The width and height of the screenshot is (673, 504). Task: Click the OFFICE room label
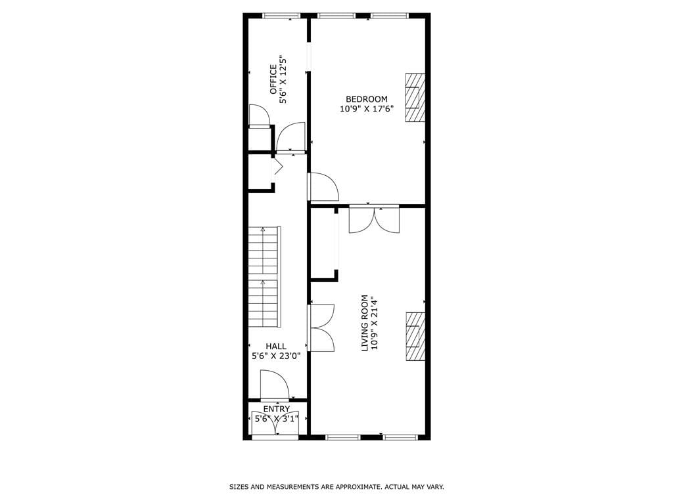[x=274, y=79]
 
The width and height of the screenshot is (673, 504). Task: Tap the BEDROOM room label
[x=366, y=99]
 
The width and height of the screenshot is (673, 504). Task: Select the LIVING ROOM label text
[x=365, y=323]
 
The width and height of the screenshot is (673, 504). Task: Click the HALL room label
[x=276, y=346]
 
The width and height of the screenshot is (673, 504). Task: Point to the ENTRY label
[x=276, y=409]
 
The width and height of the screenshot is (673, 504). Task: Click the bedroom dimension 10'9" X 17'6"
[x=366, y=109]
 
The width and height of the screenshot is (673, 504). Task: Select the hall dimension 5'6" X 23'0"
[x=276, y=356]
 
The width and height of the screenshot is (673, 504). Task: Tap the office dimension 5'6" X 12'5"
[x=284, y=79]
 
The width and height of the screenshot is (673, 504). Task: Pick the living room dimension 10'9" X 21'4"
[x=375, y=323]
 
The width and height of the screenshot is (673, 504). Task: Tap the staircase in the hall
[x=264, y=276]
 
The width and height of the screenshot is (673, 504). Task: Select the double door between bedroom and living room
[x=374, y=219]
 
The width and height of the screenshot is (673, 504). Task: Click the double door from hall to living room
[x=321, y=327]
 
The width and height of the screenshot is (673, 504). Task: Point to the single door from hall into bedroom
[x=323, y=187]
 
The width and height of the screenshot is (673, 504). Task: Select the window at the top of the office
[x=281, y=16]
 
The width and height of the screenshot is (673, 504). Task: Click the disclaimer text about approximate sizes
[x=336, y=487]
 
